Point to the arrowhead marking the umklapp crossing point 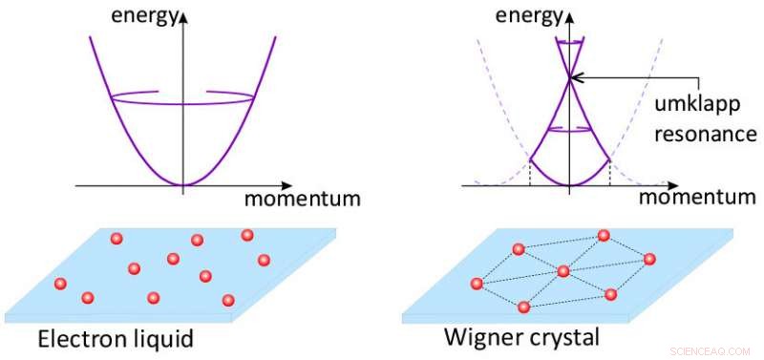[x=578, y=77]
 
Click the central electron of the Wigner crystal [x=563, y=272]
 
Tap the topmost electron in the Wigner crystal [x=604, y=235]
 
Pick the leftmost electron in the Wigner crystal [x=477, y=284]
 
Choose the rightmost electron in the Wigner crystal [x=650, y=259]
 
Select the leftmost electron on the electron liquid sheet [x=60, y=284]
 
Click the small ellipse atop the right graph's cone [x=570, y=43]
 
